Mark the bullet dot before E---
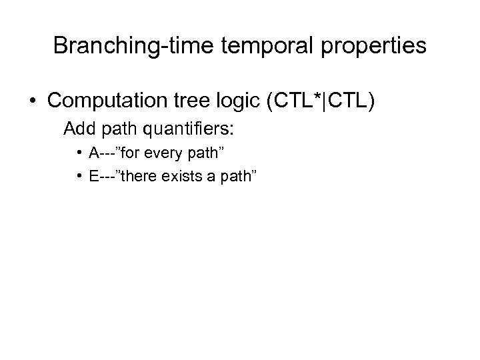click(79, 175)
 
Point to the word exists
click(184, 175)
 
